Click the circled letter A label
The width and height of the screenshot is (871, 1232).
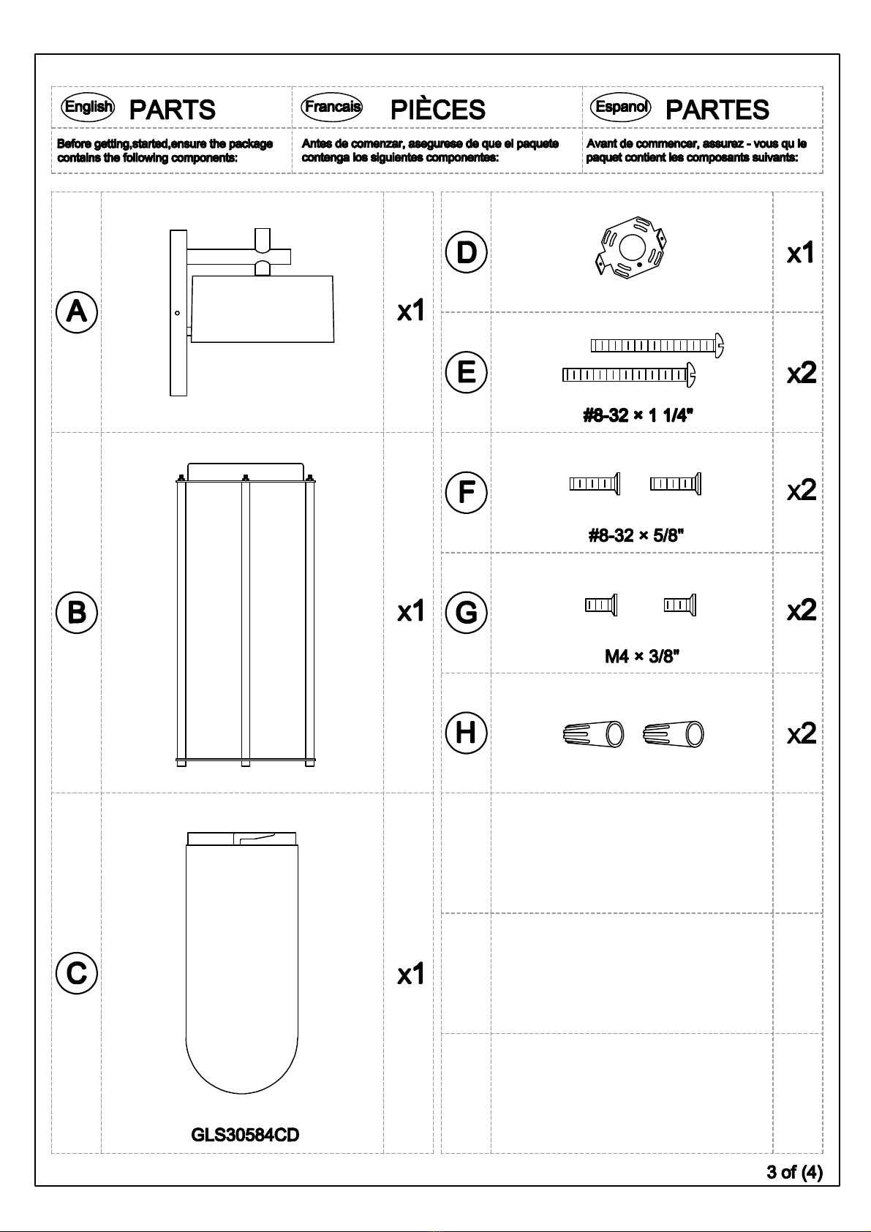tap(77, 312)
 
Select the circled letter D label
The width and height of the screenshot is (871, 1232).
tap(466, 252)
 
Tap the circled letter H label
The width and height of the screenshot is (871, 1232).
tap(466, 733)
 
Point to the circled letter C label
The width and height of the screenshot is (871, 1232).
tap(77, 973)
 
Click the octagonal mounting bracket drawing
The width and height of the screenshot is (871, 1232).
tap(630, 247)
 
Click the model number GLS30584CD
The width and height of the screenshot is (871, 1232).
tap(245, 1135)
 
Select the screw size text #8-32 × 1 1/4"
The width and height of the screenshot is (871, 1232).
tap(638, 415)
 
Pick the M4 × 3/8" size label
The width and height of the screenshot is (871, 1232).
tap(641, 656)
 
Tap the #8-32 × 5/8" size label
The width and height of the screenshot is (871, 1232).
tap(636, 535)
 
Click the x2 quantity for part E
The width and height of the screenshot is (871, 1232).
tap(801, 374)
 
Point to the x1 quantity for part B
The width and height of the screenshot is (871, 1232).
tap(411, 611)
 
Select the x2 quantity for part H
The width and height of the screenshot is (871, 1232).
tap(801, 733)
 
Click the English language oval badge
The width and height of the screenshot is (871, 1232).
tap(88, 106)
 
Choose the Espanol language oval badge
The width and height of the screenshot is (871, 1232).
tap(620, 106)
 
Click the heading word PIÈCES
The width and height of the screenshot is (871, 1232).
tap(438, 110)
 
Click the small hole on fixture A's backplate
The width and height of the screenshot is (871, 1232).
tap(177, 313)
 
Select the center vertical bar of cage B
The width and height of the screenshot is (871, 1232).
tap(246, 620)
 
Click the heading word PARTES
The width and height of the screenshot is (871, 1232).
tap(717, 110)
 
